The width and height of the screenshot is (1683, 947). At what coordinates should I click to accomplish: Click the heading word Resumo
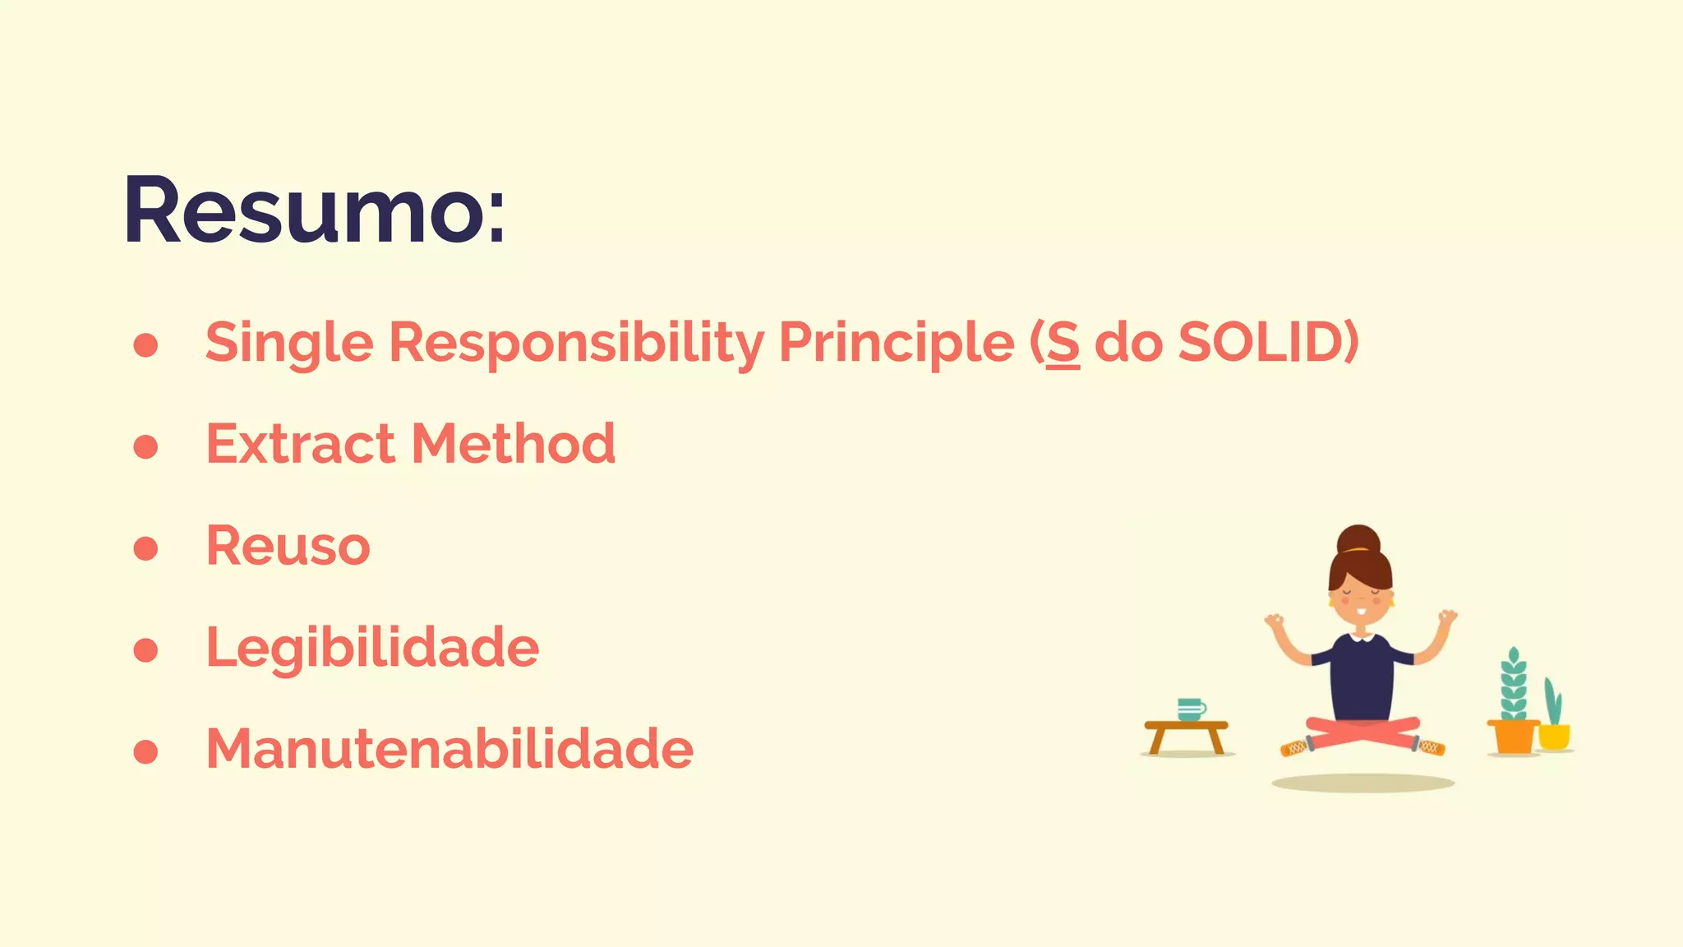[313, 210]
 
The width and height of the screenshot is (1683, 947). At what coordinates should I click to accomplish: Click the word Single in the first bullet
[289, 342]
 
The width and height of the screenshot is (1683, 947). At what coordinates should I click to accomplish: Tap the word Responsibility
[576, 342]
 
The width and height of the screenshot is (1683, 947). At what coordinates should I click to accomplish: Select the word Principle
[896, 342]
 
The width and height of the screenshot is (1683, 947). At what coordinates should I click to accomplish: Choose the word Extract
[300, 444]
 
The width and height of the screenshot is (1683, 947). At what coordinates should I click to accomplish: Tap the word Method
[513, 444]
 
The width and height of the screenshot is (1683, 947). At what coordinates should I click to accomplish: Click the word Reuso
[288, 546]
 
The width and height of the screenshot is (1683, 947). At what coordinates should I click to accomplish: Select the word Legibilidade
[372, 648]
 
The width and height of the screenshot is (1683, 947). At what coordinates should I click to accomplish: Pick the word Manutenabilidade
[450, 749]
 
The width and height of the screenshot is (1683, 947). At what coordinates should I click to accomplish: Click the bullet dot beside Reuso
[145, 548]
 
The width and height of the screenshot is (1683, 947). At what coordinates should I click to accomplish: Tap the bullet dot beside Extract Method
[145, 446]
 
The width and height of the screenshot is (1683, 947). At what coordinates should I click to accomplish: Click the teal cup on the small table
[1190, 709]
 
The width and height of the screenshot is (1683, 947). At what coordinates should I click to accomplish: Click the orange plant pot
[1513, 737]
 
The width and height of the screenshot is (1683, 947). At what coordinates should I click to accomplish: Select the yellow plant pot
[1554, 736]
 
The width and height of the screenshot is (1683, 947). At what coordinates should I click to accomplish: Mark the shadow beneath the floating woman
[1363, 783]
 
